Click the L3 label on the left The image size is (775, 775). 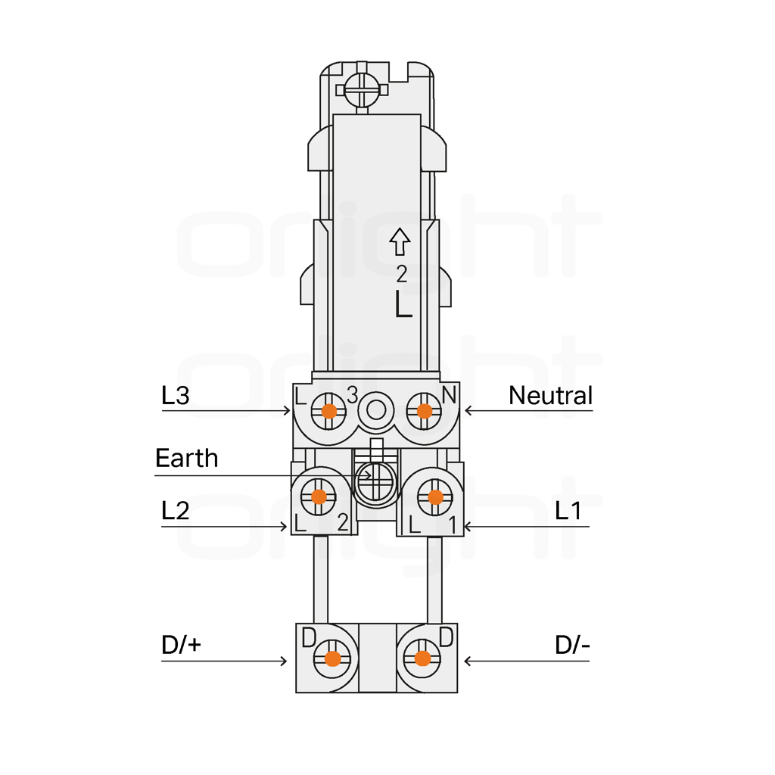click(x=176, y=395)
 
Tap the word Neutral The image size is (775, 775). click(x=551, y=395)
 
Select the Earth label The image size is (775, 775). click(x=187, y=458)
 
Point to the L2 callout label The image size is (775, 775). click(x=176, y=511)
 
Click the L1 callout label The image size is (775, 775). click(x=568, y=511)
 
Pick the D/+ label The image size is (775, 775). click(x=182, y=645)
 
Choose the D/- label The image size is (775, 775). click(x=572, y=645)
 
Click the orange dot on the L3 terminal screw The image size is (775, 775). click(x=329, y=411)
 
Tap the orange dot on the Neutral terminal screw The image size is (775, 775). click(x=425, y=411)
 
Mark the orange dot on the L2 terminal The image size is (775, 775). click(x=319, y=496)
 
